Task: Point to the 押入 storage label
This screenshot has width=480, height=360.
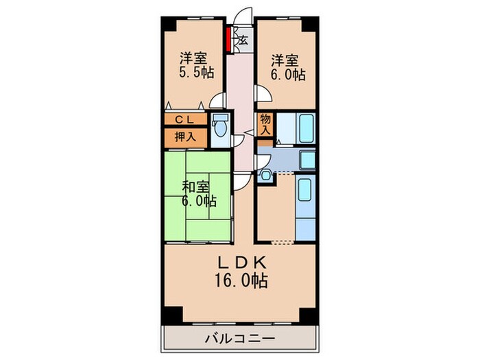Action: coord(184,136)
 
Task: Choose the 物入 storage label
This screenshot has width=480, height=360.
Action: coord(266,125)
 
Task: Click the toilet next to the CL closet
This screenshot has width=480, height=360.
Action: coord(220,130)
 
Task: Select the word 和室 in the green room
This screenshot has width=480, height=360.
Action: coord(195,185)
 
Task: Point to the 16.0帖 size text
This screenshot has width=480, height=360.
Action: coord(239,280)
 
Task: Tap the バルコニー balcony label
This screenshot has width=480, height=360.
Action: coord(239,338)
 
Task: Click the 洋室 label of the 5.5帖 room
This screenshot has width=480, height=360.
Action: coord(194,58)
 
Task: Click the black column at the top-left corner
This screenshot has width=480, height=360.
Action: coord(168,21)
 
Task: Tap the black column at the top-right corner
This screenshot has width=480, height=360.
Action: coord(312,21)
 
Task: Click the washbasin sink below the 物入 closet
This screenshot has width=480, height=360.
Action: coord(267,176)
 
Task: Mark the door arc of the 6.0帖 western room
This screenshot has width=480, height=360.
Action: coord(261,94)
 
